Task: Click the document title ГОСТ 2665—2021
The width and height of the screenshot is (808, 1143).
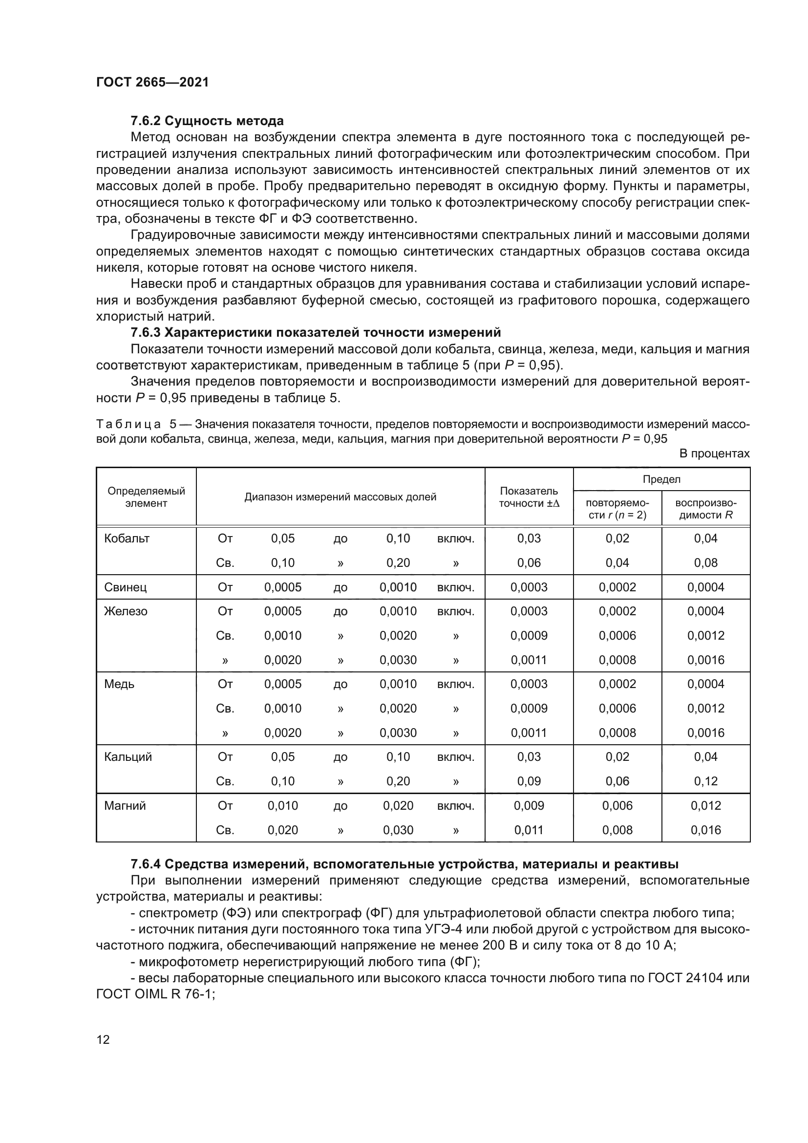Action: pos(152,82)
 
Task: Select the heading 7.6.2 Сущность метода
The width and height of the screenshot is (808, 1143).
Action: pos(207,121)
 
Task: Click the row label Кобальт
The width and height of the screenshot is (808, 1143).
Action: pos(127,538)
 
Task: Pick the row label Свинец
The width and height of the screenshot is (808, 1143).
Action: pos(126,587)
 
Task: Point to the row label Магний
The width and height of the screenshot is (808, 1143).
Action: pos(125,805)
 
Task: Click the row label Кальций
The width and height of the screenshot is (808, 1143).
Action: pos(128,756)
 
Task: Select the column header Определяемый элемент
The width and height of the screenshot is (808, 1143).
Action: pos(146,497)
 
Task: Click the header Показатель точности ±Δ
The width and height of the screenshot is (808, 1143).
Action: pos(529,497)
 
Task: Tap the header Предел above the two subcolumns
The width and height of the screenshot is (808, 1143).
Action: pos(661,479)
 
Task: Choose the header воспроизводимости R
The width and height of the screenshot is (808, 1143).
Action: pos(705,509)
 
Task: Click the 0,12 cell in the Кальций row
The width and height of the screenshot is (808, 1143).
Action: pos(705,781)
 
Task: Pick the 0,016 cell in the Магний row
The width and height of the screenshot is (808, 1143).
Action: pos(705,830)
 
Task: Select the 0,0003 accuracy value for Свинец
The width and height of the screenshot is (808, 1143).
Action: pos(529,587)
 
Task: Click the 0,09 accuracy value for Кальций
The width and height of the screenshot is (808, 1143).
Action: pos(529,781)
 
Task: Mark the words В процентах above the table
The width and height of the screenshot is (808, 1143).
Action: pos(714,453)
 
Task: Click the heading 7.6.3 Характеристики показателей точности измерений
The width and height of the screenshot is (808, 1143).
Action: pos(316,333)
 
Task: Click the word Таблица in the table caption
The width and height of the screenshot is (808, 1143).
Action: pos(128,424)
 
